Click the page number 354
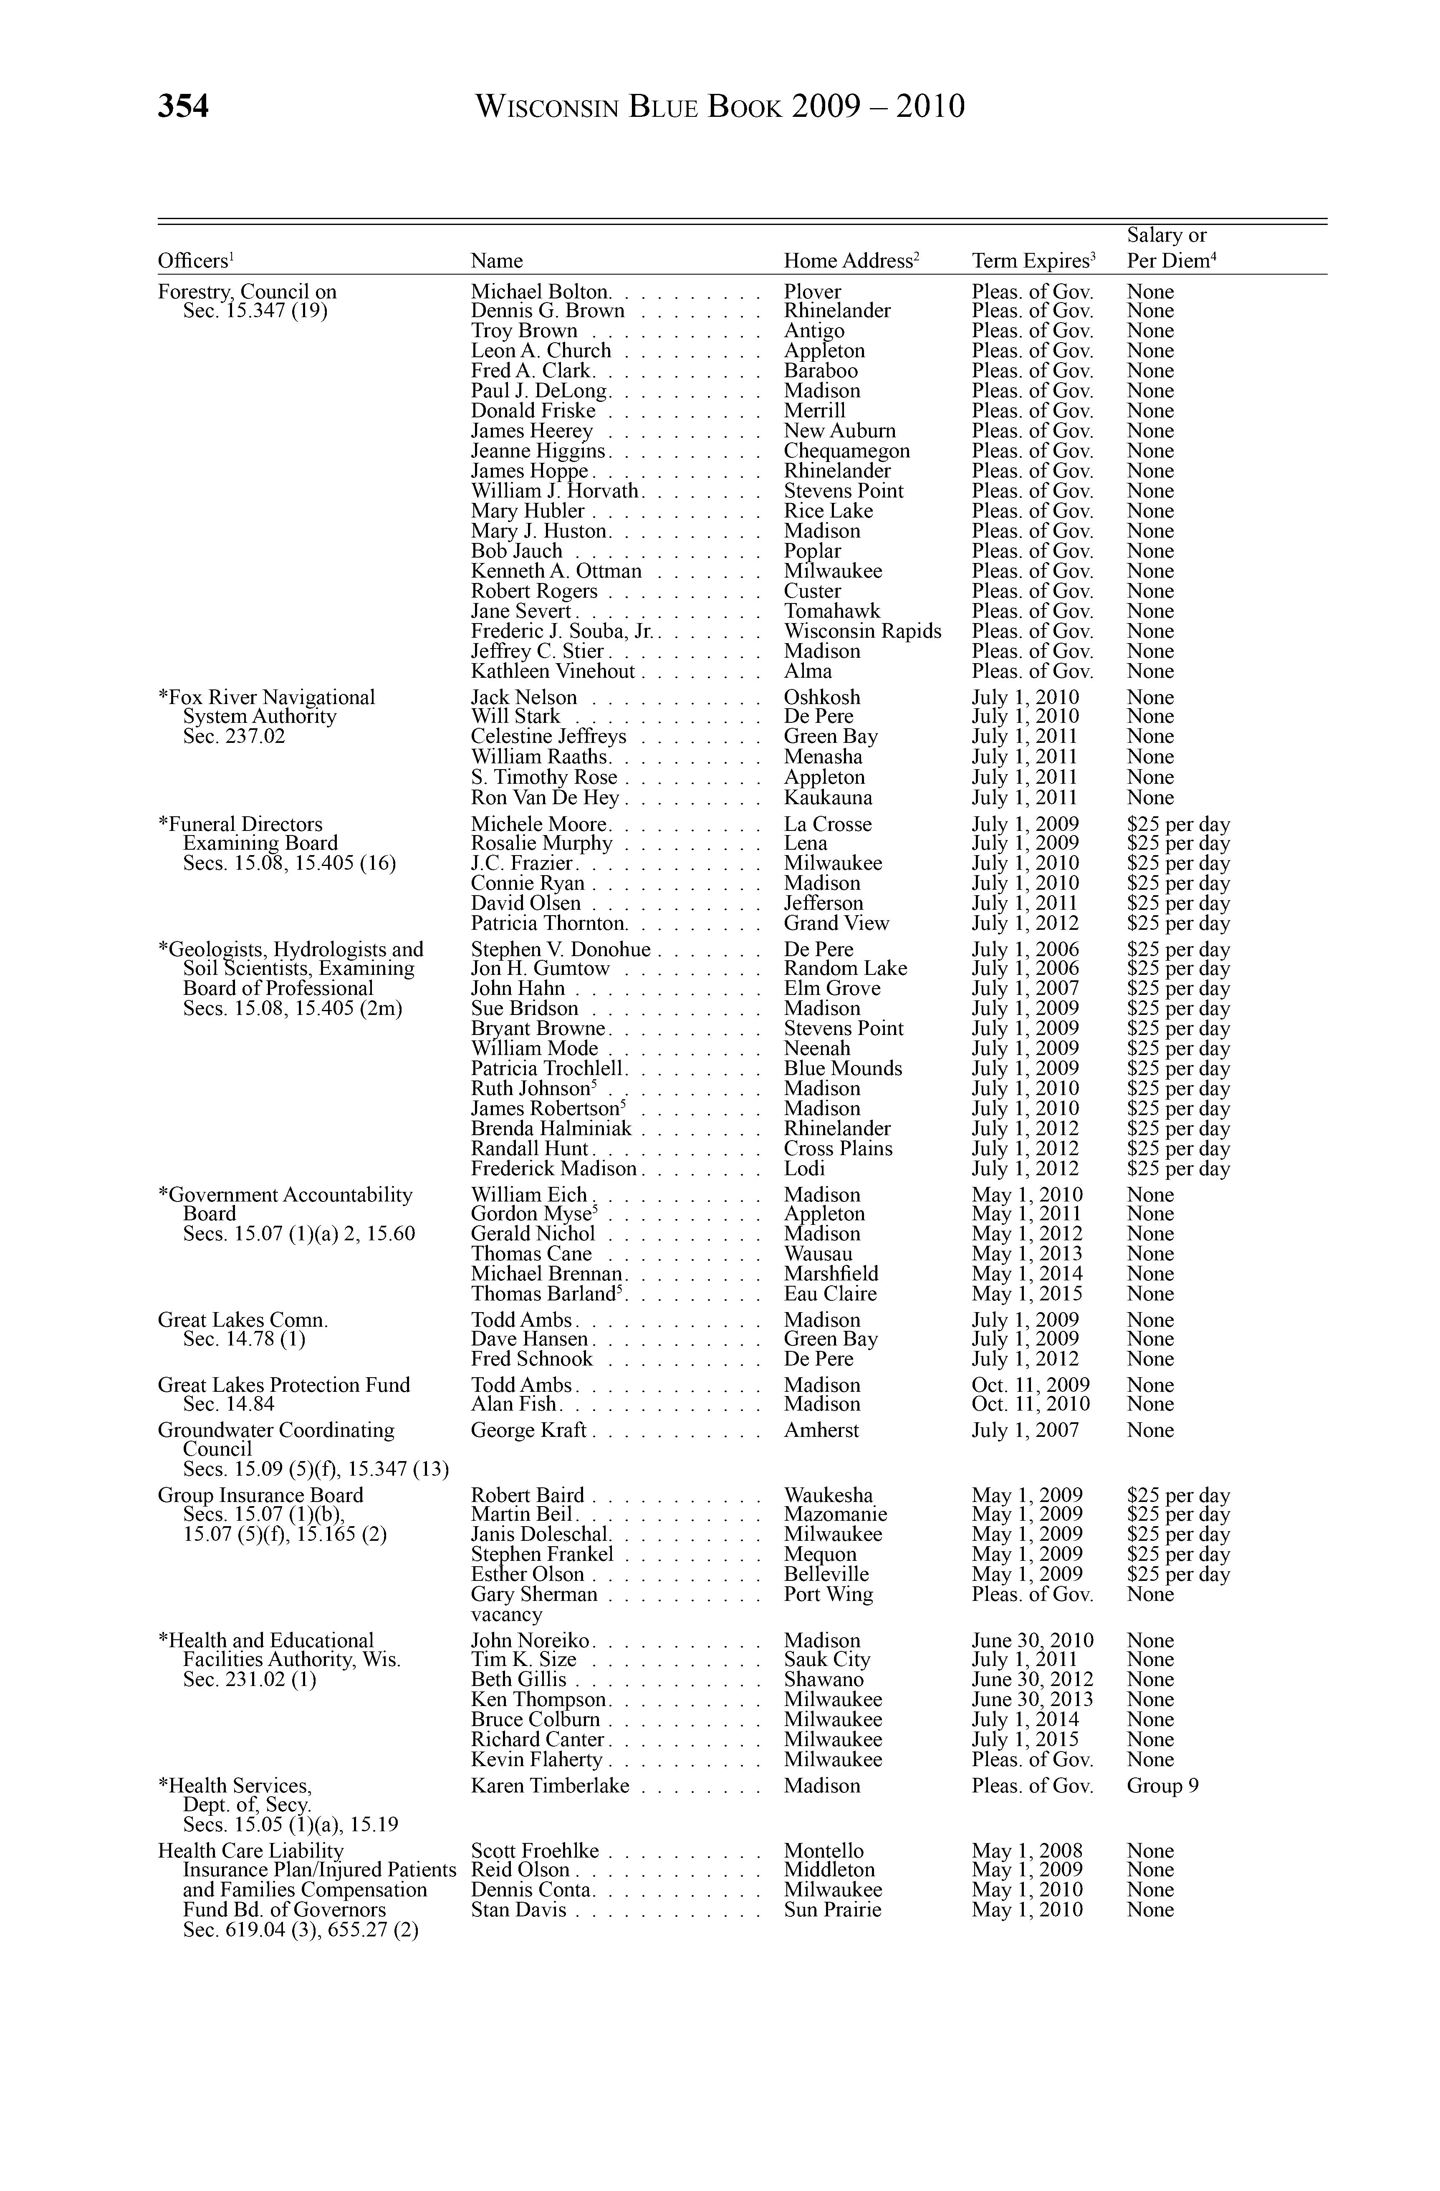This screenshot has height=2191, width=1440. point(183,107)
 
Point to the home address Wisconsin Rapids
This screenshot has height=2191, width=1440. point(862,631)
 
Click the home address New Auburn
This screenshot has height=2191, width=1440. point(839,431)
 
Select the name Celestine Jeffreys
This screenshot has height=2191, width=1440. point(548,737)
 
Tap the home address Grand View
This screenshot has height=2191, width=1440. point(836,923)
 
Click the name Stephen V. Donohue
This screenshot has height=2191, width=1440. point(560,949)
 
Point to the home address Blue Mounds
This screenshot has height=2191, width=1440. point(842,1069)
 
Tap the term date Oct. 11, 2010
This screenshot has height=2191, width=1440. point(1030,1405)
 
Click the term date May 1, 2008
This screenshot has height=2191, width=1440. point(1027,1851)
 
